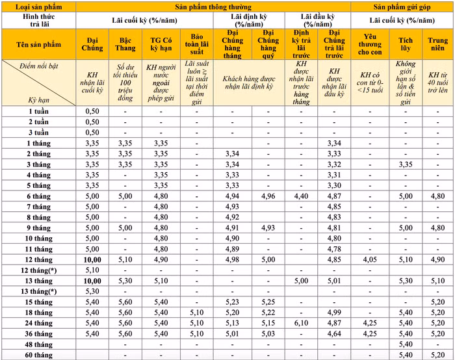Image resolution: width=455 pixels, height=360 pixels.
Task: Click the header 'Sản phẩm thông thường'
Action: [x=212, y=6]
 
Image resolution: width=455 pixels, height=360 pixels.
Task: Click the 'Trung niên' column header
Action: [x=438, y=43]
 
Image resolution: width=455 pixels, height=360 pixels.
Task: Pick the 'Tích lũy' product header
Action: [x=405, y=43]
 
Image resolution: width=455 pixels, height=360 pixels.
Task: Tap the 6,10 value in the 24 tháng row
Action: [x=300, y=322]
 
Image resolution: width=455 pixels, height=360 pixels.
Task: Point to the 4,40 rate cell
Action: [x=300, y=196]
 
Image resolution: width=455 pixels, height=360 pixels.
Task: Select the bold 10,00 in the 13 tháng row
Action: [x=92, y=281]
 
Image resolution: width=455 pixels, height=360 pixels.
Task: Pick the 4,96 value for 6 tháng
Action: [x=267, y=196]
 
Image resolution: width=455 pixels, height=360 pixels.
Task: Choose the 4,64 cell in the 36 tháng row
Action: [x=334, y=333]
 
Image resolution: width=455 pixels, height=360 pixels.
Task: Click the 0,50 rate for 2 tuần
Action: [x=92, y=122]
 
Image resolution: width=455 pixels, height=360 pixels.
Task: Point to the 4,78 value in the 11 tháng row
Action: [x=334, y=249]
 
